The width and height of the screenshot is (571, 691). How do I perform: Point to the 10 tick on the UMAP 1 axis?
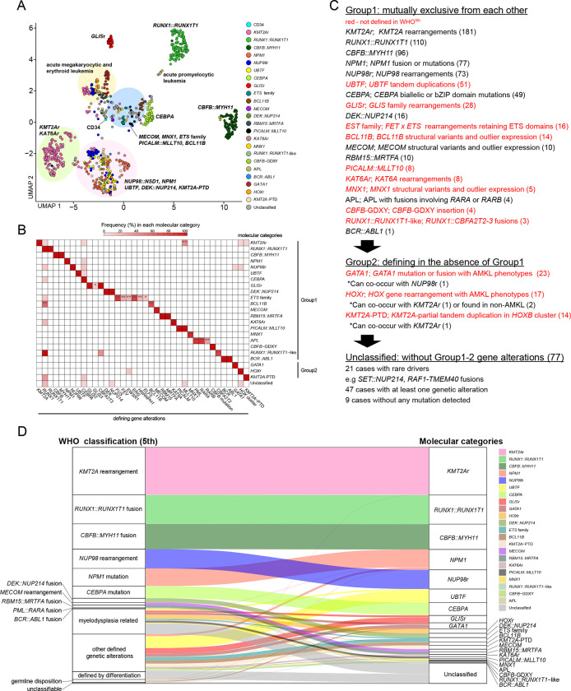(224, 205)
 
